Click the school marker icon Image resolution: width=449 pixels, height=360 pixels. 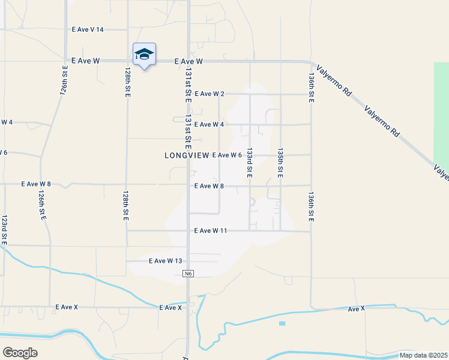point(144,55)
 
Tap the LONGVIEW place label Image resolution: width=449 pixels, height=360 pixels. point(187,155)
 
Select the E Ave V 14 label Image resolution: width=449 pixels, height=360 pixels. point(88,29)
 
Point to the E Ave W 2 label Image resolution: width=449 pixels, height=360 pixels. point(209,94)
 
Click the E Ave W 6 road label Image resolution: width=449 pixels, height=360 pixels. point(227,155)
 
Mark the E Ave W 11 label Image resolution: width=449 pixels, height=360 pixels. point(210,230)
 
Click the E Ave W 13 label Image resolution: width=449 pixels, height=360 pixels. point(165,261)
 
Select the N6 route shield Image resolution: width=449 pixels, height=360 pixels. point(188,274)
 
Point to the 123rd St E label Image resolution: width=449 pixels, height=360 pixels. point(4,229)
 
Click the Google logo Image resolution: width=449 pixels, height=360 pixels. point(20,352)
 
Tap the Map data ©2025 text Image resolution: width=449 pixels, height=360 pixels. point(423,355)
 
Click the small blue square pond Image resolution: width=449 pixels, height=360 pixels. point(282,323)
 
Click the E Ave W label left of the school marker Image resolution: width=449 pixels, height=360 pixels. point(85,61)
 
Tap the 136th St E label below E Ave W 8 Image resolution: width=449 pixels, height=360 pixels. point(311,208)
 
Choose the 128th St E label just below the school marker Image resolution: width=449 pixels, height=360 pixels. point(128,83)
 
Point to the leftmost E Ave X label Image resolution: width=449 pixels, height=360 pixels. point(67,307)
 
